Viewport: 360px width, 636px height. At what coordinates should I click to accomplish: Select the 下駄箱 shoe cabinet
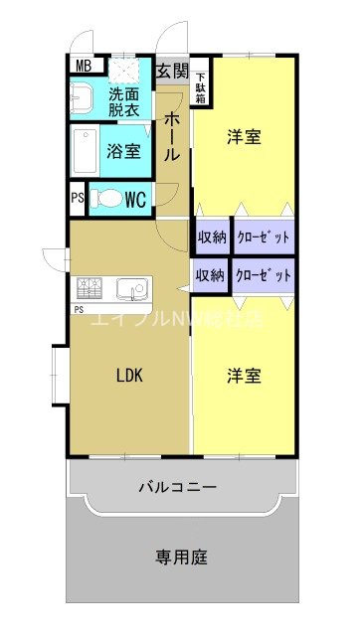[201, 80]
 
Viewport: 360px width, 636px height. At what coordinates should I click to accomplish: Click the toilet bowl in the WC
[105, 199]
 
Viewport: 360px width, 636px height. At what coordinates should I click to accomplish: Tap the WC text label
[135, 199]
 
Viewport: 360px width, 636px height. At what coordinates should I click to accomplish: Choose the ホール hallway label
[171, 136]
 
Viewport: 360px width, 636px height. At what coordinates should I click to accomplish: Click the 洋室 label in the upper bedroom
[244, 137]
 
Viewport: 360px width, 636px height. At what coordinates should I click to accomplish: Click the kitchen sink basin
[128, 289]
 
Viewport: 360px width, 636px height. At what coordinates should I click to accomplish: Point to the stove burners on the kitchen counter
[88, 289]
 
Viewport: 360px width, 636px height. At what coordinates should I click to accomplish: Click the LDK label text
[129, 376]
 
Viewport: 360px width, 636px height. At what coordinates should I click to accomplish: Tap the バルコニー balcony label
[177, 488]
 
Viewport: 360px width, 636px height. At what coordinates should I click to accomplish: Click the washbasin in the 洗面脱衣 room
[82, 99]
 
